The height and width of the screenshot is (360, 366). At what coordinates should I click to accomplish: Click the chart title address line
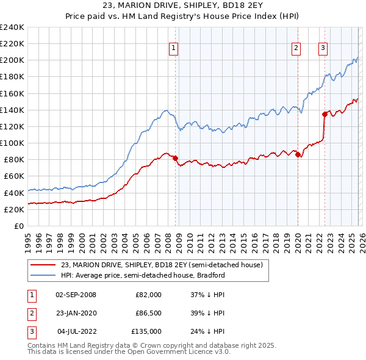click(182, 7)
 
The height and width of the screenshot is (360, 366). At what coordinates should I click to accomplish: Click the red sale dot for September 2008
click(175, 158)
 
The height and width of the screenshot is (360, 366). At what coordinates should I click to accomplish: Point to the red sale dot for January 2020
click(298, 154)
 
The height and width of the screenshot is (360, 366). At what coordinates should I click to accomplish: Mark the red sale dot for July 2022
click(325, 114)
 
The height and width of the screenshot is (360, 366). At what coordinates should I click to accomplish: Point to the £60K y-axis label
click(14, 176)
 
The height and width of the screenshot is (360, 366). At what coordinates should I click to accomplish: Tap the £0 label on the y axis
click(19, 226)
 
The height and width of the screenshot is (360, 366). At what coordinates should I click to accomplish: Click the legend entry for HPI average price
click(143, 275)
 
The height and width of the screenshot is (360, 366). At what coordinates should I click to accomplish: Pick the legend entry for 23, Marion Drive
click(162, 265)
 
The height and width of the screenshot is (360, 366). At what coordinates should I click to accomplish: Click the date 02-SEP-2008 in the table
click(76, 295)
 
